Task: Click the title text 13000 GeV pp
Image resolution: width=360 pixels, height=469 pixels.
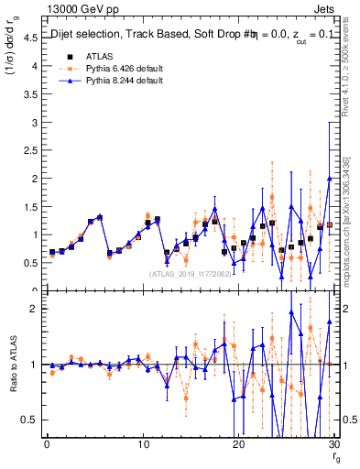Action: pos(75,9)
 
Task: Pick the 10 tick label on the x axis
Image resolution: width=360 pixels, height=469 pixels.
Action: pos(142,445)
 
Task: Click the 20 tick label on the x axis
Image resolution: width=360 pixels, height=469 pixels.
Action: pos(238,445)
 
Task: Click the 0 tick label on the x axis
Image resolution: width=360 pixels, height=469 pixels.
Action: pos(47,445)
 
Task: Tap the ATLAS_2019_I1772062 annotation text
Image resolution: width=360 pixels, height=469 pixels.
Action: pos(190,273)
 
